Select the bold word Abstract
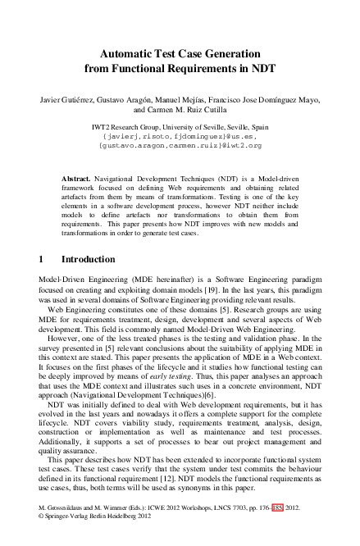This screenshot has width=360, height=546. [x=77, y=177]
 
